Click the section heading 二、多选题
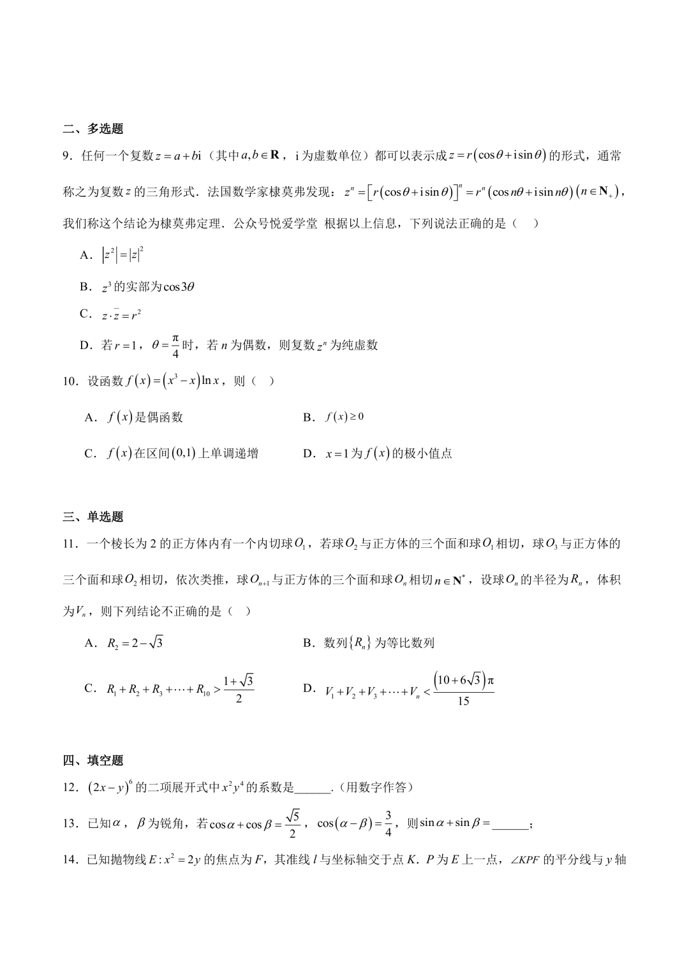coord(93,129)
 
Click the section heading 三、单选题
coord(93,517)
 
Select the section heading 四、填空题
coord(93,760)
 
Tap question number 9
coord(68,156)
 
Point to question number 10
coord(71,381)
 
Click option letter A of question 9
coord(85,255)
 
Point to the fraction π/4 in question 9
coord(176,345)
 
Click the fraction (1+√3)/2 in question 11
coord(239,689)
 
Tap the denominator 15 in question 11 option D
coord(464,702)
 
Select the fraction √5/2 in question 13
coord(293,824)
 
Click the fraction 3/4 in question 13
coord(389,824)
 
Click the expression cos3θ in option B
coord(179,287)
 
